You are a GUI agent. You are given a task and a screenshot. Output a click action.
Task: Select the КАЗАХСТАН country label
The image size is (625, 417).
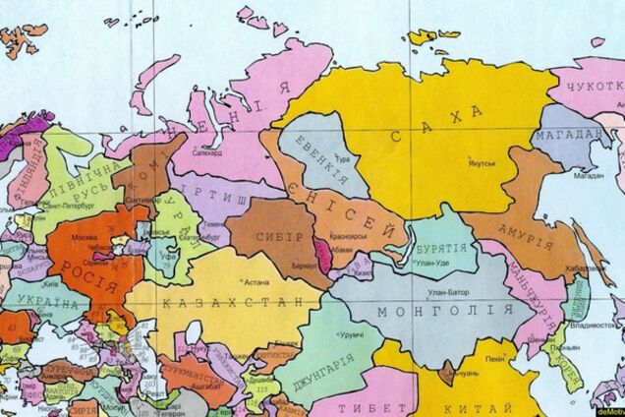click(x=225, y=300)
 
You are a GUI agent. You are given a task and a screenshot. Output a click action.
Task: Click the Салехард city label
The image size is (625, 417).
click(x=207, y=154)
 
